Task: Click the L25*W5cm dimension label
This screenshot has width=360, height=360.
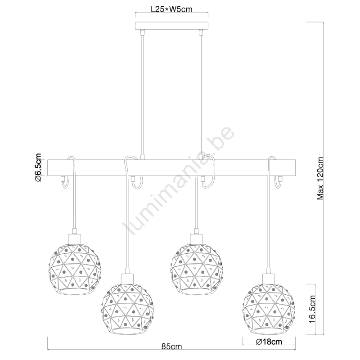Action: [171, 9]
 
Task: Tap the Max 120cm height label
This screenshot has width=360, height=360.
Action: [320, 178]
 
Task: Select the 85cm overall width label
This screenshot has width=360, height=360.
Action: [171, 353]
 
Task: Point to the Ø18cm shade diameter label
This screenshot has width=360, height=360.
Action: [269, 342]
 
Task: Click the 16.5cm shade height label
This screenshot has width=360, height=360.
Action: [312, 309]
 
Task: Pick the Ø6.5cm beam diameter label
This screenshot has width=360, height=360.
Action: [38, 167]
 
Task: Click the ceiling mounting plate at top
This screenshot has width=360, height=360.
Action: [171, 26]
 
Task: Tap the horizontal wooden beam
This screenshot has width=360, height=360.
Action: [171, 167]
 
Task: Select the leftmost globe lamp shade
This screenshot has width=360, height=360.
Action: [75, 268]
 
